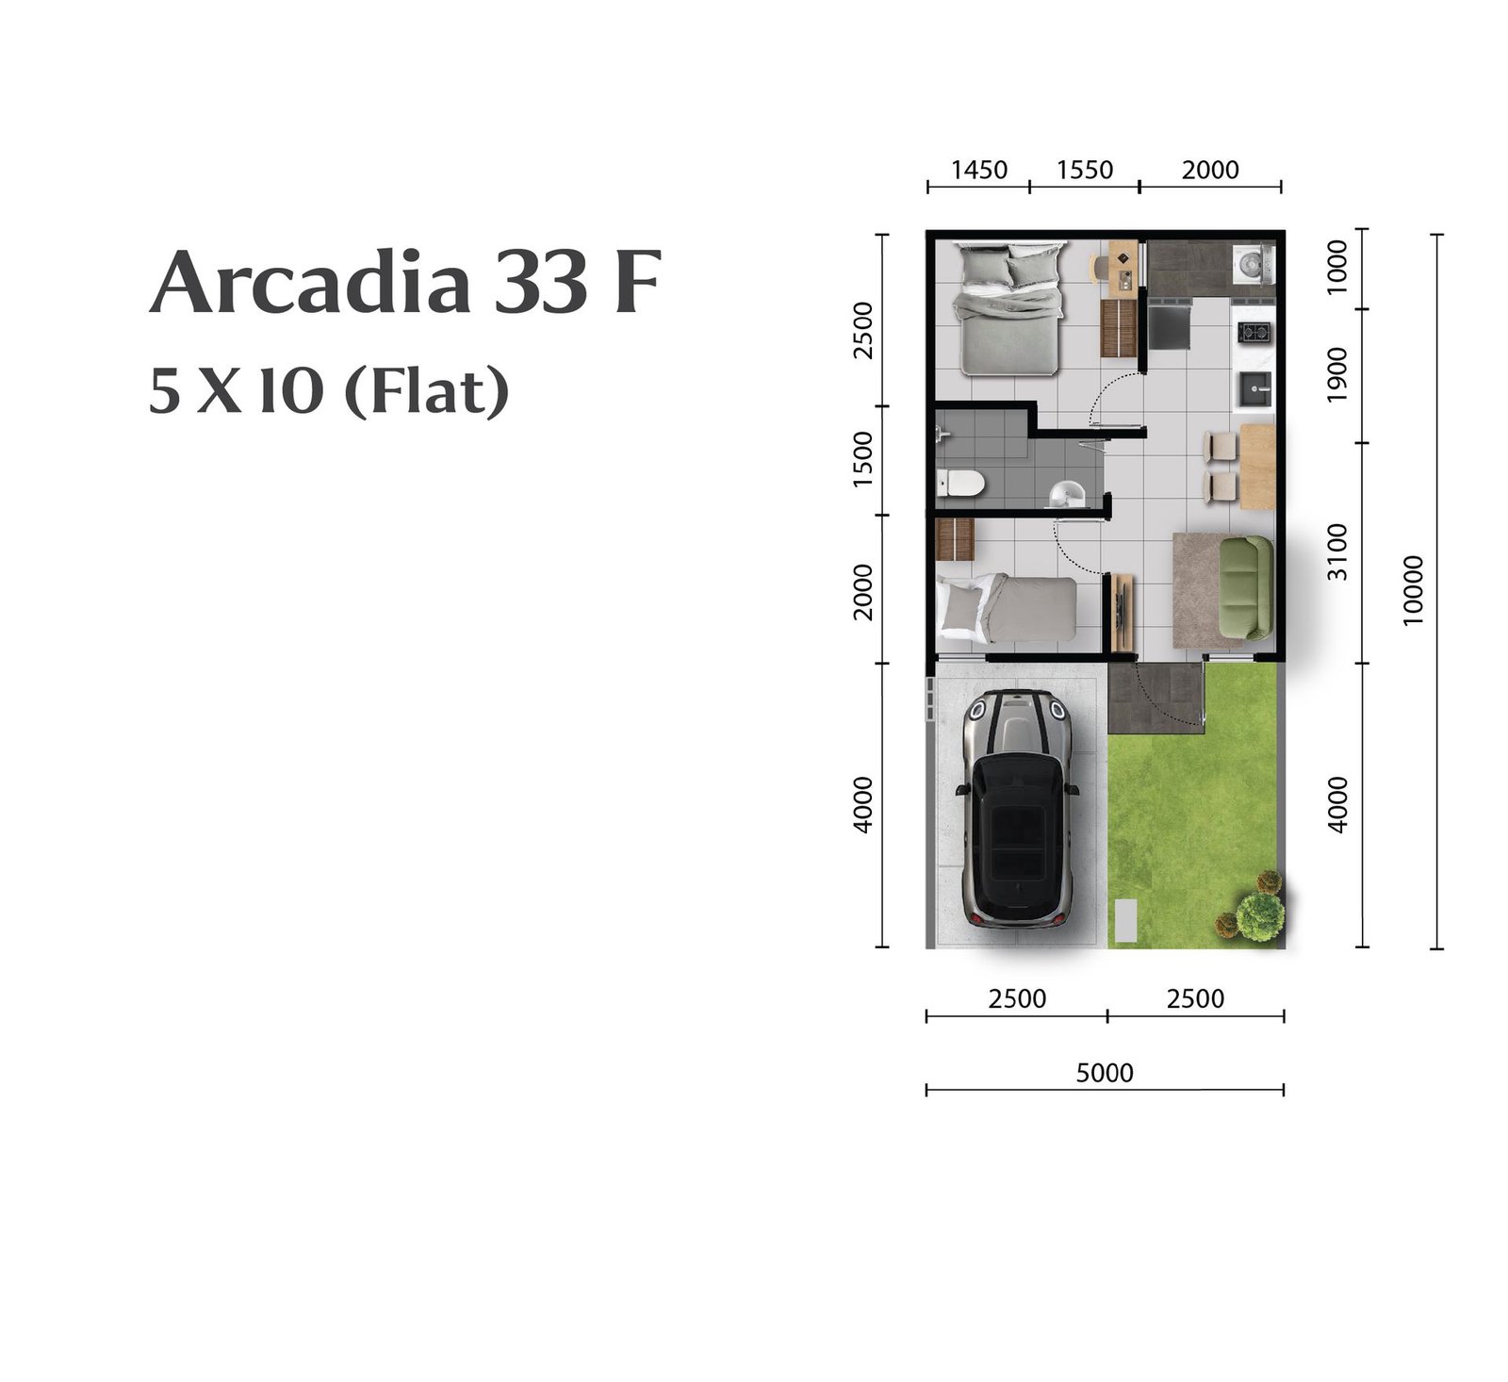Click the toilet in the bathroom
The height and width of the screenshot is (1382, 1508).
960,484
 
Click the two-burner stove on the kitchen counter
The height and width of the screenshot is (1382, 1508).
1254,332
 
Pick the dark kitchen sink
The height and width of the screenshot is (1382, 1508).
1254,386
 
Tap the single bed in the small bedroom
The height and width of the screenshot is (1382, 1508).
1007,609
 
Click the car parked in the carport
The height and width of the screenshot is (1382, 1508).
1017,808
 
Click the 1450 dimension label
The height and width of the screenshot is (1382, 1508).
979,170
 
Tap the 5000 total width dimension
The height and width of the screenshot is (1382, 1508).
1105,1073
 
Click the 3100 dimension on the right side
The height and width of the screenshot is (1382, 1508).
1337,552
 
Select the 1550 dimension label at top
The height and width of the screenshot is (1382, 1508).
1085,170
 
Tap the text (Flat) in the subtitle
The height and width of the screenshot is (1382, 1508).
427,391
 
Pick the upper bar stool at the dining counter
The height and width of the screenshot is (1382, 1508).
1221,446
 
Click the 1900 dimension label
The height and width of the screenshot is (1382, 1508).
1337,374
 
